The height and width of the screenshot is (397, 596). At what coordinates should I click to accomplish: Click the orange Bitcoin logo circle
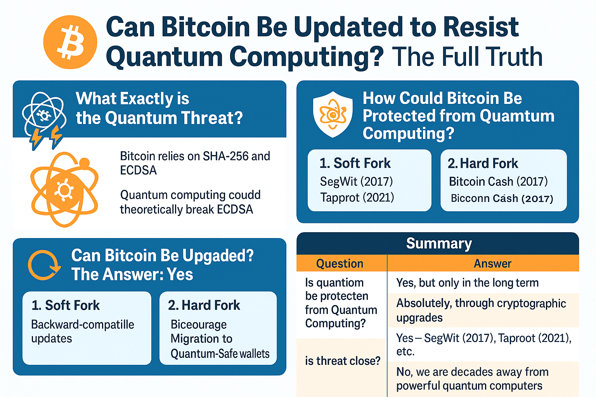tap(70, 42)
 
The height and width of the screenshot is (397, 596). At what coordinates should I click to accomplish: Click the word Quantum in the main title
tap(164, 57)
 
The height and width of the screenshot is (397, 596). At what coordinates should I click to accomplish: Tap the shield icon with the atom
tap(333, 114)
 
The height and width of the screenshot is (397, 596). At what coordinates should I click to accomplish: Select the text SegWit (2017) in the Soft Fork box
tap(356, 181)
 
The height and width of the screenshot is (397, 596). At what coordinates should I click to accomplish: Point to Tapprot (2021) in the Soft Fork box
tap(357, 198)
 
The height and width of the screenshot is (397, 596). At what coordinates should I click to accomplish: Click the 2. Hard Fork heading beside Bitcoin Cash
tap(483, 163)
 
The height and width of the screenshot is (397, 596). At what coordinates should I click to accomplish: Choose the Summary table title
tap(439, 243)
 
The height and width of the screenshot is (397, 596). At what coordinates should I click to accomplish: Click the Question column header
tap(340, 264)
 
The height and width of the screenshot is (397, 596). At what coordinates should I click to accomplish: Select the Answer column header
tap(492, 264)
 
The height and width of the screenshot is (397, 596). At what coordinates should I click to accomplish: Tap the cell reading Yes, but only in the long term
tap(467, 283)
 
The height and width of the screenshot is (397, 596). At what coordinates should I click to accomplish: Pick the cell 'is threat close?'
tap(343, 361)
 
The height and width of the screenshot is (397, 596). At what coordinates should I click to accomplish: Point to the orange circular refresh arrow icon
tap(44, 265)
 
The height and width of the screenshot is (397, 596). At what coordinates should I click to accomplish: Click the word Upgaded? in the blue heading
tap(218, 256)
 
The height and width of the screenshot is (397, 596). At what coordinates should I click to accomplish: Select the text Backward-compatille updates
tap(83, 331)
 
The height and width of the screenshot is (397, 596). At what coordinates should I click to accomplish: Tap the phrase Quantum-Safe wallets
tap(220, 354)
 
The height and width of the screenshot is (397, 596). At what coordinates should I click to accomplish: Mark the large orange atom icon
tap(65, 189)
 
